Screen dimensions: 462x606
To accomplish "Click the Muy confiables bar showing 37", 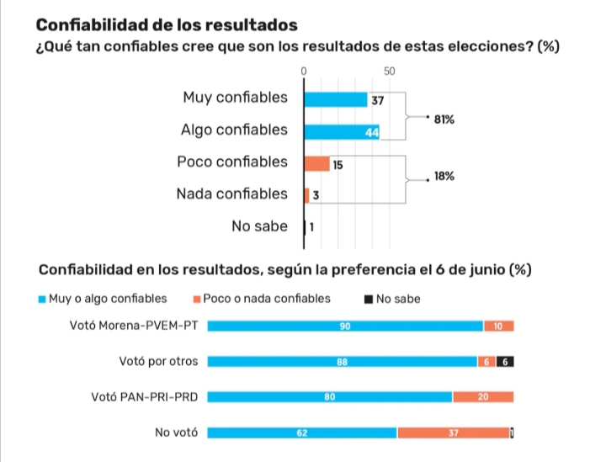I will pyautogui.click(x=336, y=100).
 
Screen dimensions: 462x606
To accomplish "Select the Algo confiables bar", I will pyautogui.click(x=342, y=132).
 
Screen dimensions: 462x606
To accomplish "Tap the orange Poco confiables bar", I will pyautogui.click(x=316, y=163).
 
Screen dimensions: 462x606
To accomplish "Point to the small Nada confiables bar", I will pyautogui.click(x=307, y=195).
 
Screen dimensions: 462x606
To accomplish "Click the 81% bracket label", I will pyautogui.click(x=444, y=120).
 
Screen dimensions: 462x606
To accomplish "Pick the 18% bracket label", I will pyautogui.click(x=444, y=177).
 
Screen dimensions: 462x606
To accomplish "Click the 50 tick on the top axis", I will pyautogui.click(x=389, y=72).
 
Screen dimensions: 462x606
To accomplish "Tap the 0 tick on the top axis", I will pyautogui.click(x=304, y=72).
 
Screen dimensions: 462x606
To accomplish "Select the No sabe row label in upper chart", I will pyautogui.click(x=259, y=226).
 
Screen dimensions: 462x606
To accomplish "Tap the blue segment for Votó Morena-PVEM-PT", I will pyautogui.click(x=345, y=327).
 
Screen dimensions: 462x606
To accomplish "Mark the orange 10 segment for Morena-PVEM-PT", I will pyautogui.click(x=498, y=327).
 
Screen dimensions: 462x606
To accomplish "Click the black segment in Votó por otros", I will pyautogui.click(x=505, y=362).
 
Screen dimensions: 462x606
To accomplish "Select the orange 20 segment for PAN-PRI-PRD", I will pyautogui.click(x=483, y=397).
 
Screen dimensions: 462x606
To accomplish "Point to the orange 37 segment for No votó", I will pyautogui.click(x=453, y=433).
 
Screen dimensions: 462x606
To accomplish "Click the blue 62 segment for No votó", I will pyautogui.click(x=302, y=433).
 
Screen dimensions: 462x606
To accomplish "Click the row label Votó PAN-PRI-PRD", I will pyautogui.click(x=144, y=396).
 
